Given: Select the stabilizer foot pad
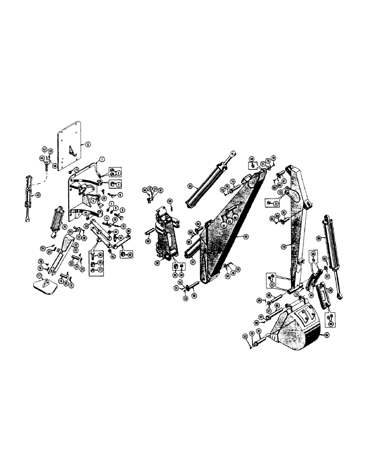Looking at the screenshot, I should click(x=45, y=285).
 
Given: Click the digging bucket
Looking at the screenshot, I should click(x=294, y=328).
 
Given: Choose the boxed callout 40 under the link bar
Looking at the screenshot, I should click(x=124, y=255).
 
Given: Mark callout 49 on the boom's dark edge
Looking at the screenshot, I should click(x=246, y=236).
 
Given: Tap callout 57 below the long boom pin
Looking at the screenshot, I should click(x=192, y=261).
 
